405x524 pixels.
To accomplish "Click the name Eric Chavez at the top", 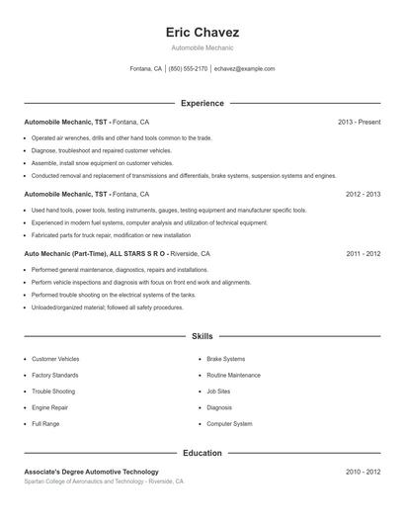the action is pos(202,33).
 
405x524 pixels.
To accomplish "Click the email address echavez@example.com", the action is pos(244,69).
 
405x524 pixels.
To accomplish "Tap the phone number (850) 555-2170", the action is pos(188,69).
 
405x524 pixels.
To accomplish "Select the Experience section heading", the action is pos(202,103).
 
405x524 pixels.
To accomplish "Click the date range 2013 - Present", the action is pos(359,122).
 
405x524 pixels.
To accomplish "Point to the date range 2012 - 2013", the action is pos(363,195).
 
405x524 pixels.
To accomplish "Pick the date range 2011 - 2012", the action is pos(363,253).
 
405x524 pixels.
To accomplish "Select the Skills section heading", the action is pos(202,336).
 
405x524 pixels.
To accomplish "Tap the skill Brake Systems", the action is pos(226,359).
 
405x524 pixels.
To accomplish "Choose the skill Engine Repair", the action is pos(49,407).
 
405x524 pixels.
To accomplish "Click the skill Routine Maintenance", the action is pos(233,376).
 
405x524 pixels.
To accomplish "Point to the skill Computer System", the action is pos(229,423).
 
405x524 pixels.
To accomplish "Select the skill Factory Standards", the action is pos(54,376).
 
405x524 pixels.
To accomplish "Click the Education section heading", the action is pos(202,453).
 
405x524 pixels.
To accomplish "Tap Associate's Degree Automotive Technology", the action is pos(91,472).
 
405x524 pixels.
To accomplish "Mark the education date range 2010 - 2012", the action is pos(363,472).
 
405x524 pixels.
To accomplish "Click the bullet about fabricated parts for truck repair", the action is pos(111,235).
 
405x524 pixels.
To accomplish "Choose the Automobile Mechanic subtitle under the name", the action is pos(202,47).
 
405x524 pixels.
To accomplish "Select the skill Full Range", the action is pos(45,423).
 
